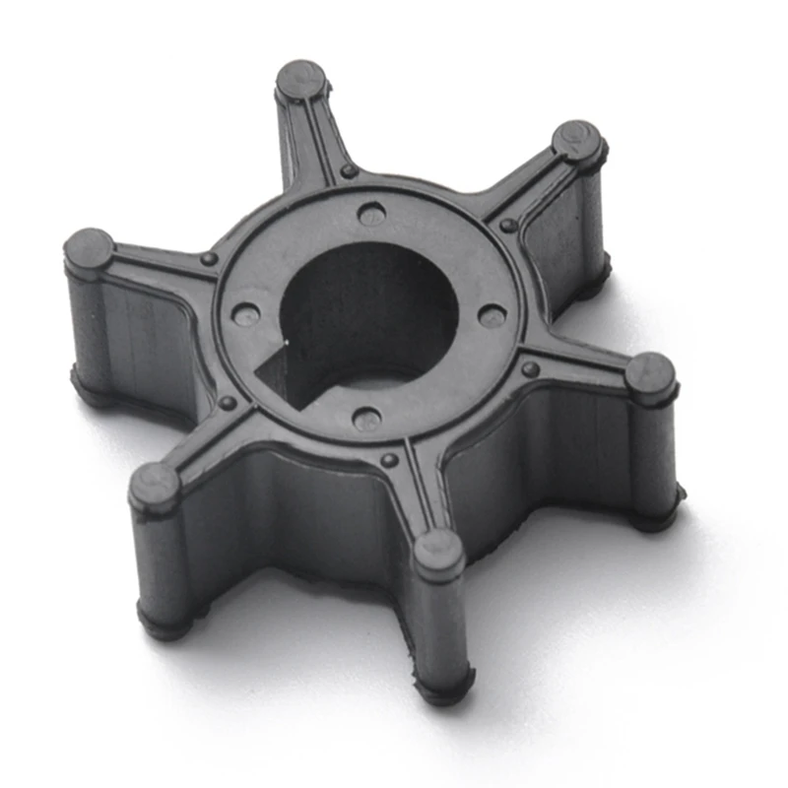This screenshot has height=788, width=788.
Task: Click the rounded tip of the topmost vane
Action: tap(300, 79)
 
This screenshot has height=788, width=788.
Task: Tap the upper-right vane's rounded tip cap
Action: tap(577, 140)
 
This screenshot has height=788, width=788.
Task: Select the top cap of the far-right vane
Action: tap(651, 373)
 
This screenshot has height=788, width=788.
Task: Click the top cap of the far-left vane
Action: tap(89, 248)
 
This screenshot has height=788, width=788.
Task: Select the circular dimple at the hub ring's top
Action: tap(371, 213)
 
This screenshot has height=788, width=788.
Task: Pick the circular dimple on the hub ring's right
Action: tap(492, 316)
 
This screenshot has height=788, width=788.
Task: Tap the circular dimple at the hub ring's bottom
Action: tap(367, 420)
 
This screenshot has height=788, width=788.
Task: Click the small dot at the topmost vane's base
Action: tap(349, 171)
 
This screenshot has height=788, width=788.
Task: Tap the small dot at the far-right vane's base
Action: tap(531, 369)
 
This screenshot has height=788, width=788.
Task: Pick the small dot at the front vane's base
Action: tap(389, 460)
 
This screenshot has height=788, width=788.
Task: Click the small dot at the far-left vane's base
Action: tap(208, 259)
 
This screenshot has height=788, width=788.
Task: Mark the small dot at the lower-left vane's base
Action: tap(228, 403)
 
